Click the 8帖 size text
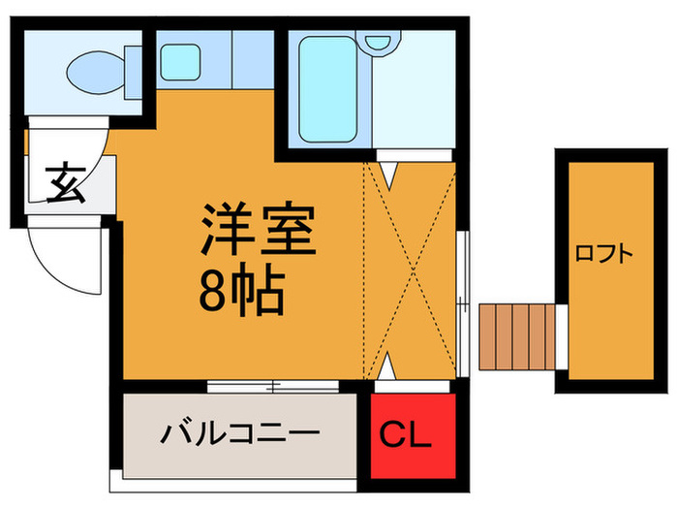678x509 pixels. point(241,289)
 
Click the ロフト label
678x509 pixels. point(603,255)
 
